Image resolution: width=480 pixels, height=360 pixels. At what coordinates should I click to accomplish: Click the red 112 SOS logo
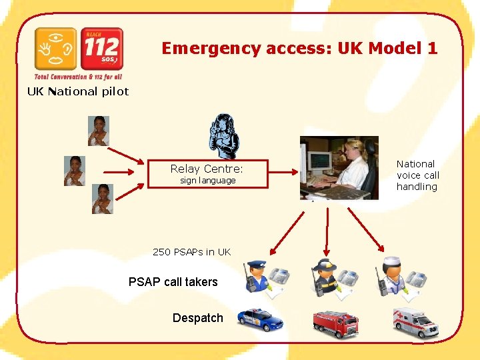tap(101, 49)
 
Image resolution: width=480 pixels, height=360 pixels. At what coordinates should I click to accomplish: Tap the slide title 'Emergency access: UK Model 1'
tap(299, 48)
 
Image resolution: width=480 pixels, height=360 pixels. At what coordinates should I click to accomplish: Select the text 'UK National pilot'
tap(77, 91)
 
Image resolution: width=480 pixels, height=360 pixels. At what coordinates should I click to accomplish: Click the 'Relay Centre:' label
tap(207, 169)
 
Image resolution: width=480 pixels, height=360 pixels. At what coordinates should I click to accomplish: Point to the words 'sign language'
tap(208, 181)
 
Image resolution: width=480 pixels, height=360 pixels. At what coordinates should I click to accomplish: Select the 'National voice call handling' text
tap(417, 175)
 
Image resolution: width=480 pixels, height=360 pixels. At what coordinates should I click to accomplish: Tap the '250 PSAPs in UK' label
tap(191, 252)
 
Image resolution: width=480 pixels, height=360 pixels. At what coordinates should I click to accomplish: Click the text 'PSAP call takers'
tap(173, 282)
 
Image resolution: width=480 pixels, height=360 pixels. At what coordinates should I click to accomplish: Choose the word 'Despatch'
tap(197, 318)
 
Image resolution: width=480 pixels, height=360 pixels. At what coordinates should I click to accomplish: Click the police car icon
tap(260, 319)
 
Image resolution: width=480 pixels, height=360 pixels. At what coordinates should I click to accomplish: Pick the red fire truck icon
tap(335, 323)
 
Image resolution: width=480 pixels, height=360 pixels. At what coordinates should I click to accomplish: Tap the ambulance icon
tap(415, 323)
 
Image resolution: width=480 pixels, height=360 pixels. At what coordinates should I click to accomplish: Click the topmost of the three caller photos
tap(99, 131)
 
